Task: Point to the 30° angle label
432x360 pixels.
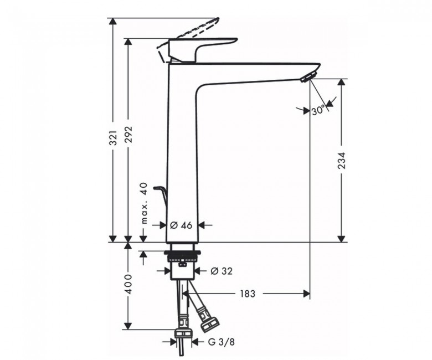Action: point(319,111)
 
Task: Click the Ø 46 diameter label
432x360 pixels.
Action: point(181,225)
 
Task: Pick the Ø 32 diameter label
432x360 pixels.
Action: point(222,271)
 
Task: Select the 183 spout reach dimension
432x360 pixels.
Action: point(248,294)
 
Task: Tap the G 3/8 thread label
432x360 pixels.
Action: point(221,342)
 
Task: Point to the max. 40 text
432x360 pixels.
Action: point(145,203)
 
